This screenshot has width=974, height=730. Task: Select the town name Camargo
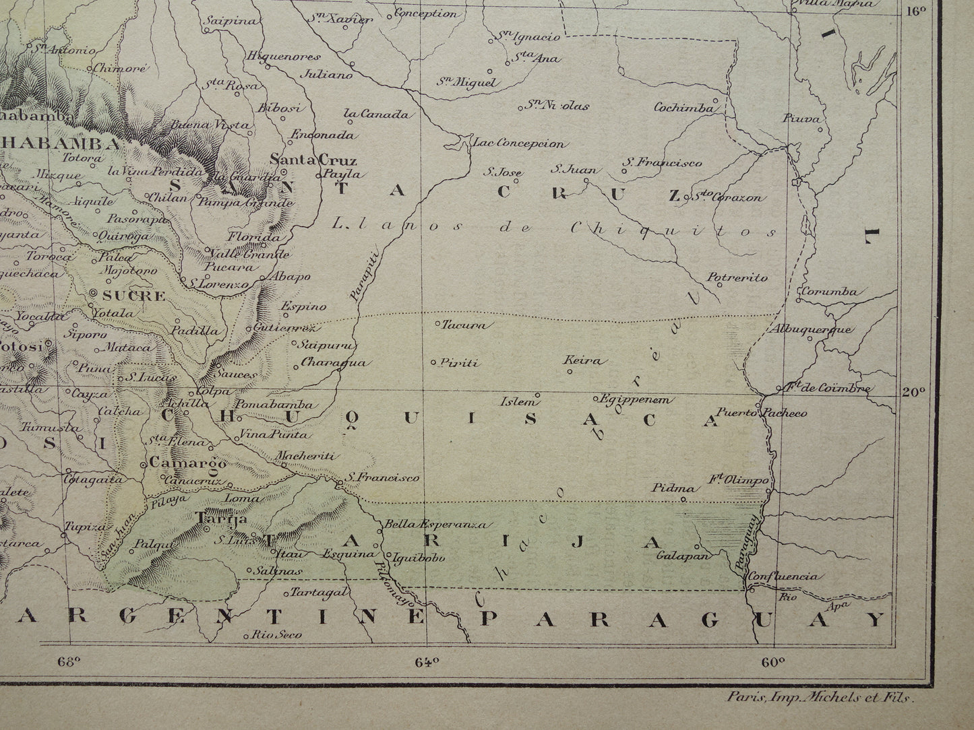179,463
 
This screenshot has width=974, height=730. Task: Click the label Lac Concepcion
519,143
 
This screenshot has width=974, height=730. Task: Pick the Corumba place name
828,292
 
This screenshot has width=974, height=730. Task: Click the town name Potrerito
737,277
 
